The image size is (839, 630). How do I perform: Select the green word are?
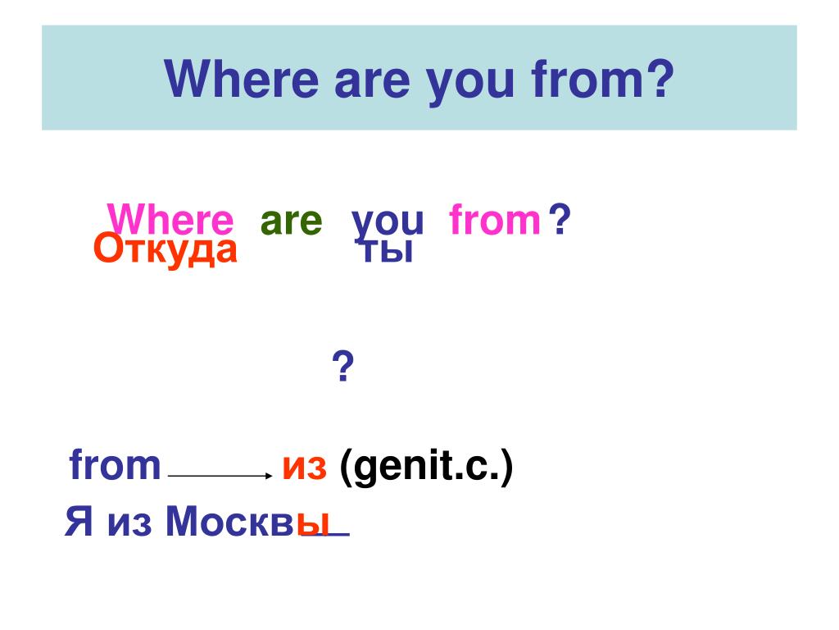(291, 221)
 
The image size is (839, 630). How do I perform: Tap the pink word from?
(495, 219)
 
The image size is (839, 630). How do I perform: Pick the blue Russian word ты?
(387, 251)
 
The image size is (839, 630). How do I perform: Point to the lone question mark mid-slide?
(343, 367)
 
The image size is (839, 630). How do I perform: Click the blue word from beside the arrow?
(115, 464)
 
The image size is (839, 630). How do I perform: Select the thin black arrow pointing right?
(220, 475)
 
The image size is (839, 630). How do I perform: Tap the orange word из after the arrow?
(304, 468)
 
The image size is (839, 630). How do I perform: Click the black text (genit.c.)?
(426, 466)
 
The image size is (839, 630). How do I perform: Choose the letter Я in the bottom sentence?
(79, 521)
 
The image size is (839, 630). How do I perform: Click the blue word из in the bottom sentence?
(129, 523)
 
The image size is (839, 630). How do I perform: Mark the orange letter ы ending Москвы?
(312, 523)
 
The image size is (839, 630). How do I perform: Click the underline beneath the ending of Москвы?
(325, 534)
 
